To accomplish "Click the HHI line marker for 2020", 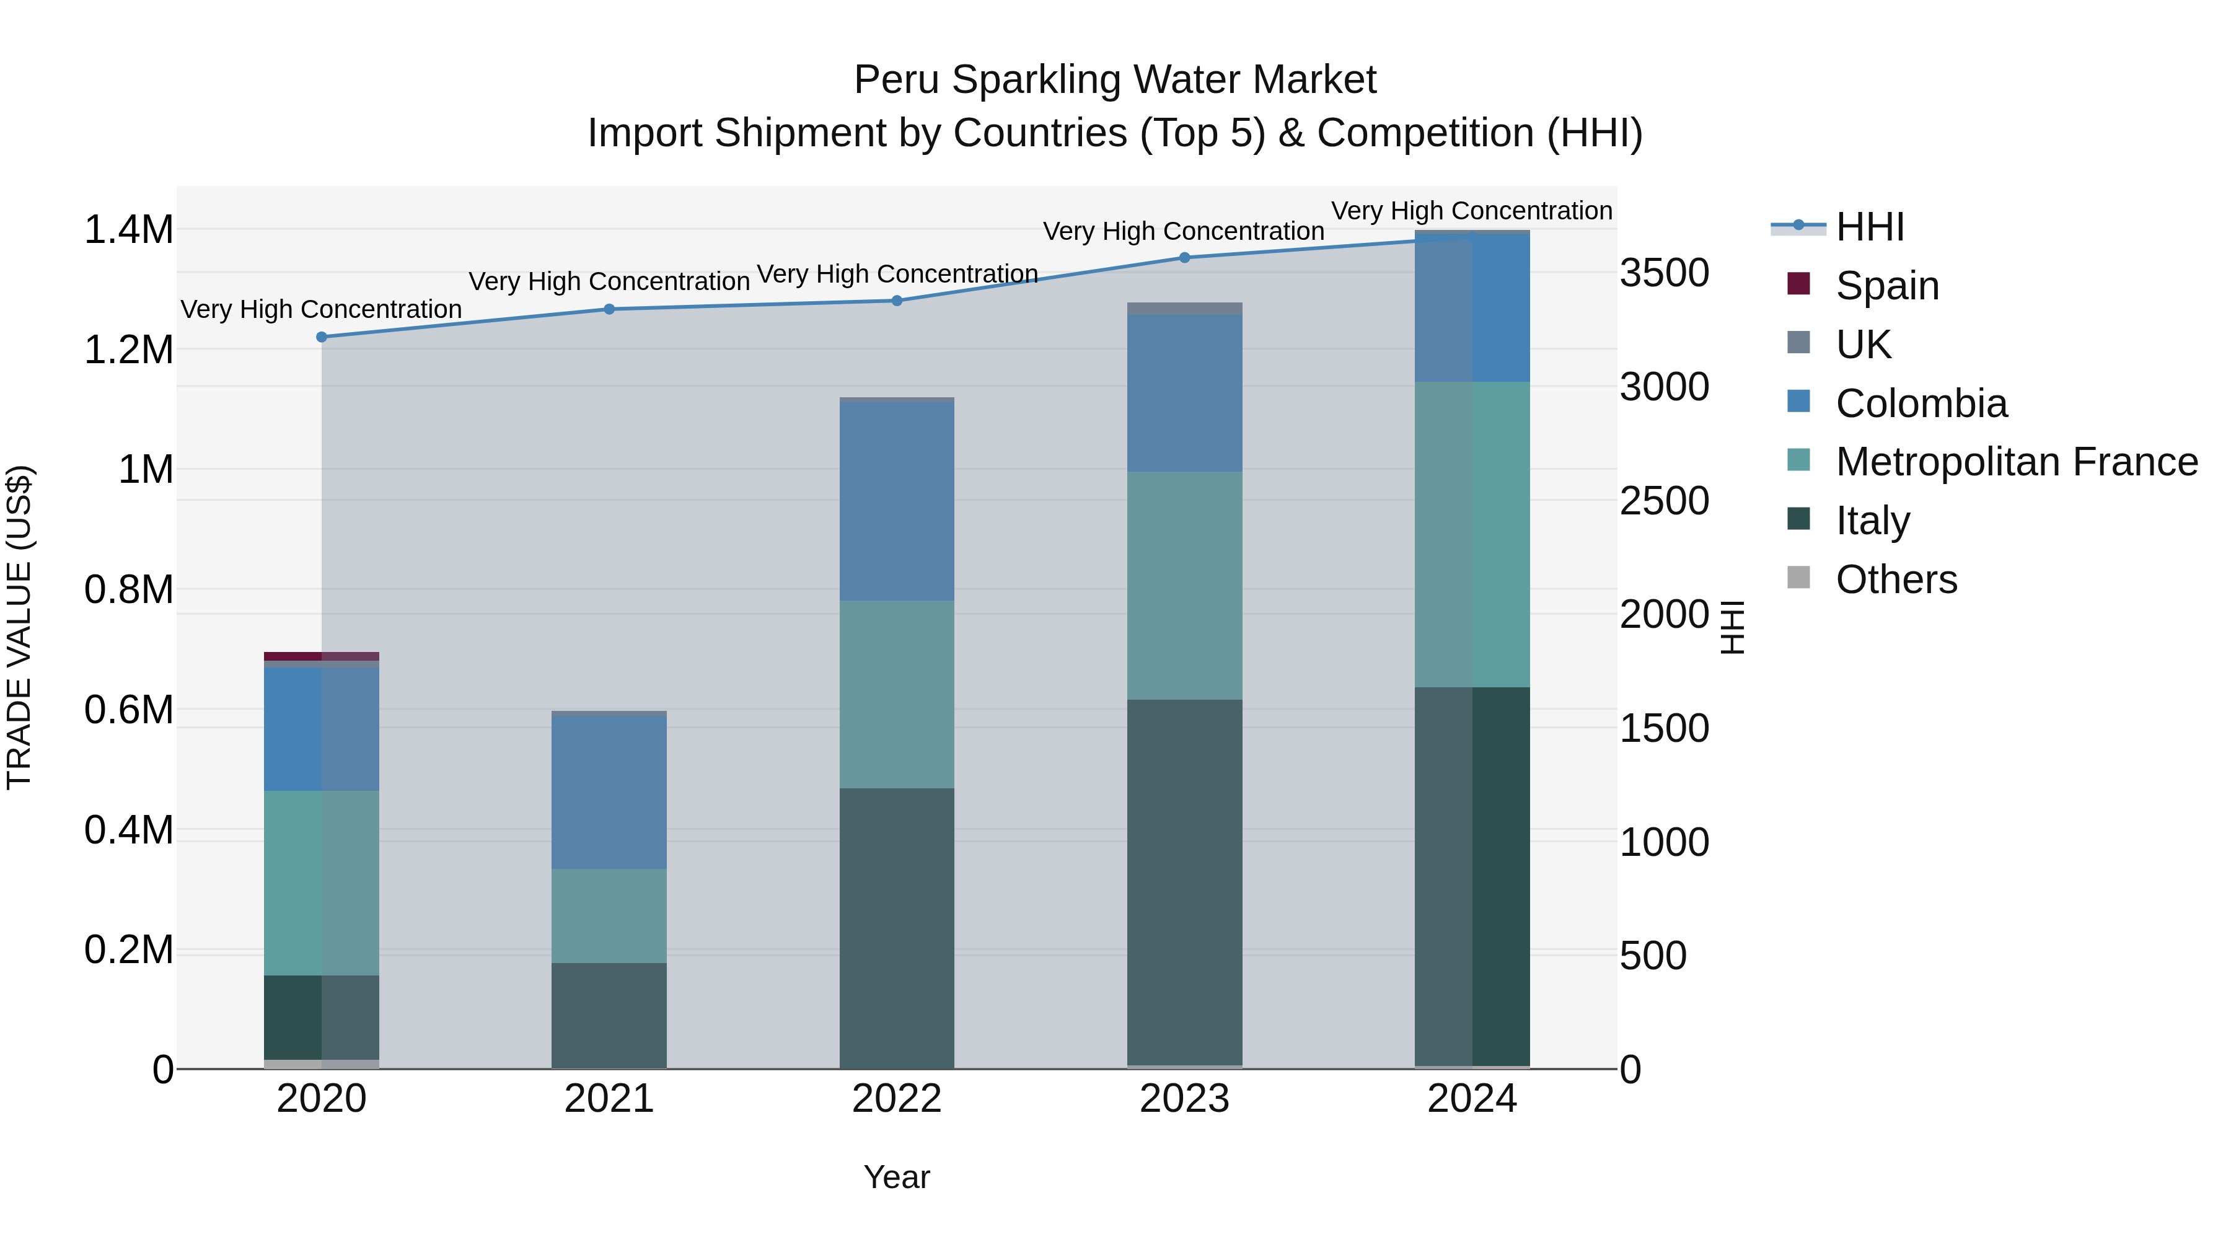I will click(x=321, y=337).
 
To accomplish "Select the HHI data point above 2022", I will click(x=897, y=301).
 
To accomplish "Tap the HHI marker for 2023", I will click(x=1185, y=257).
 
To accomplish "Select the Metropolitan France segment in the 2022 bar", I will click(x=897, y=694).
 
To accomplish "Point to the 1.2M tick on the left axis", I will click(x=128, y=350).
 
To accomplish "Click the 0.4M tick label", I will click(x=128, y=830).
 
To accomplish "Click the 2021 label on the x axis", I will click(x=609, y=1099).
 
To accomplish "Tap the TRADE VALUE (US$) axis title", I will click(x=19, y=627).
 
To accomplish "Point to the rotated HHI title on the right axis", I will click(x=1732, y=627).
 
